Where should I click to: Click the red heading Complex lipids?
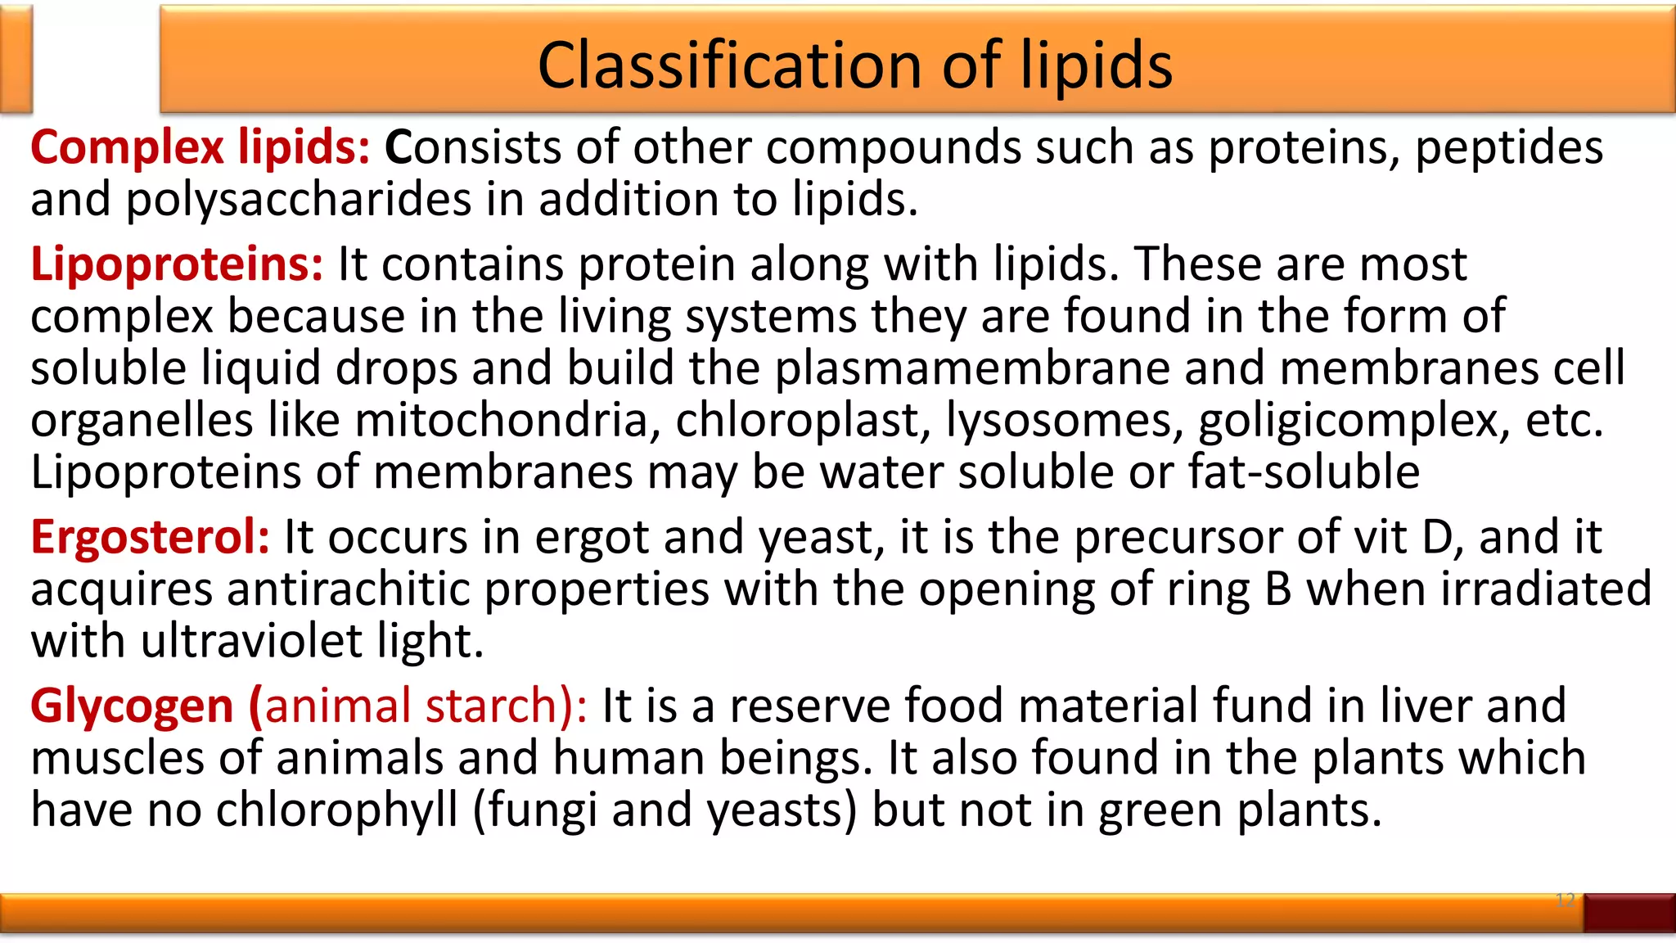click(x=200, y=148)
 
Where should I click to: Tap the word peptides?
click(x=1508, y=148)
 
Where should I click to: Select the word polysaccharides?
click(x=299, y=201)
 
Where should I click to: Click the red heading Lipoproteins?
click(x=177, y=265)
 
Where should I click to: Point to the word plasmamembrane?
click(x=972, y=368)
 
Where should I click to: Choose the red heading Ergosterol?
click(x=150, y=539)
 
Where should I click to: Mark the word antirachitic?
click(x=348, y=589)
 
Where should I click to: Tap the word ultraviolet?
click(x=251, y=641)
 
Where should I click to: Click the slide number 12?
click(x=1565, y=900)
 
